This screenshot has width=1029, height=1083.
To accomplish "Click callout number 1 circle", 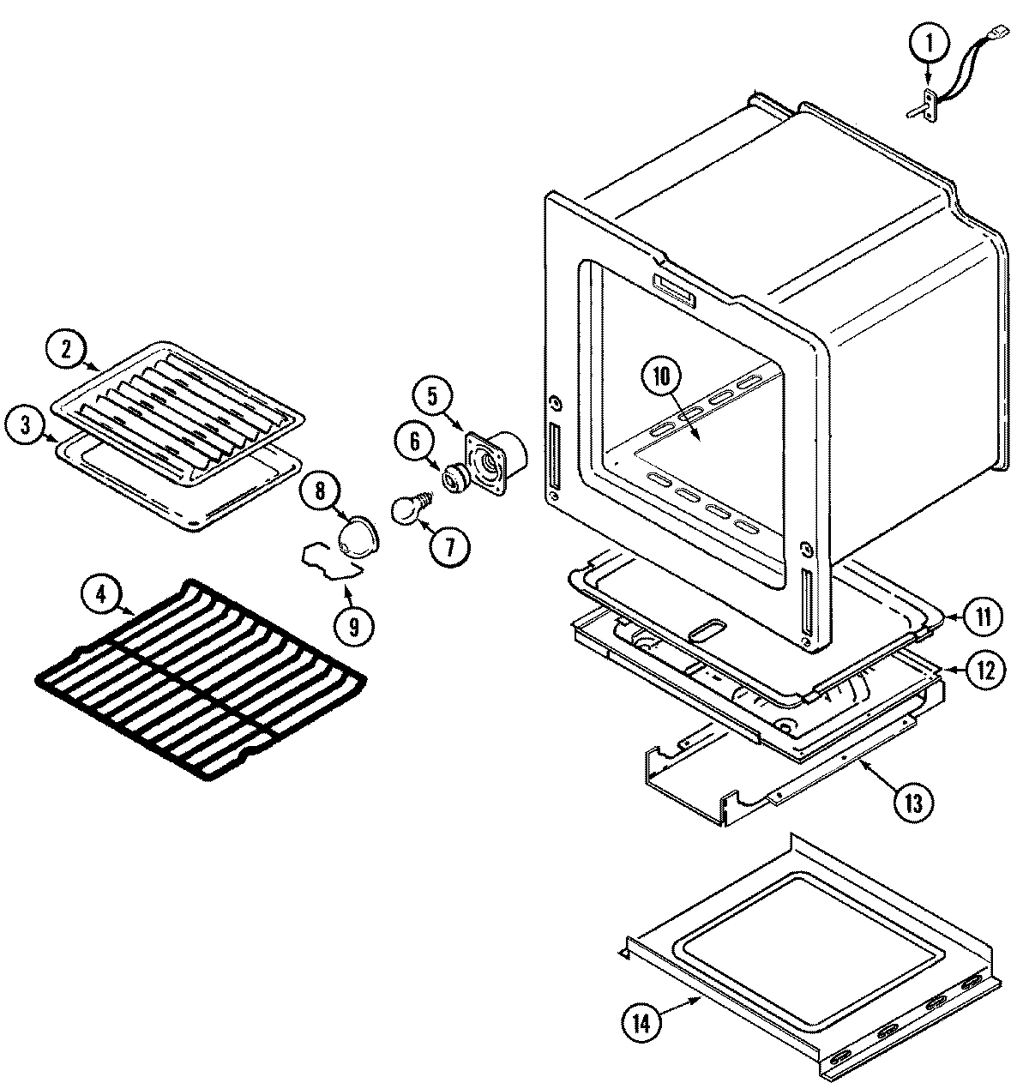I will (933, 39).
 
